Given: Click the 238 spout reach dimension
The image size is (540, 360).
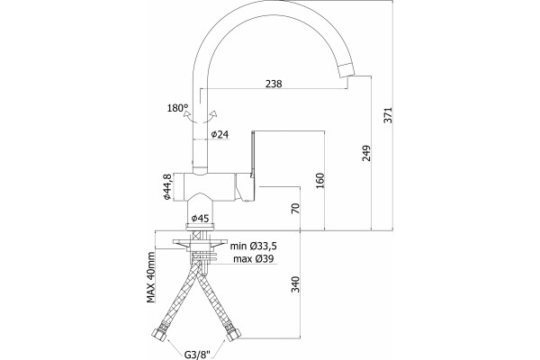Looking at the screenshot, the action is point(274,84).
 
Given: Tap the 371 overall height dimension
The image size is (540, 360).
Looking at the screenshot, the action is point(388,115).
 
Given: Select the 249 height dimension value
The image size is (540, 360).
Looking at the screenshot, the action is point(367,153).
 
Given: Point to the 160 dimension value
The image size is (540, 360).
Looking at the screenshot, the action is point(320,181).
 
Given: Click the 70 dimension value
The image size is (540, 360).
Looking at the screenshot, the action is point(296,209).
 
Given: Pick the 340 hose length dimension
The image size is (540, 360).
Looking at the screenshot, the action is point(295,283).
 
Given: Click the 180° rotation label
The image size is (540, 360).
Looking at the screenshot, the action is point(177,108).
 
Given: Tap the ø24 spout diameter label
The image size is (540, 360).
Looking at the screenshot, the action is point(220,134).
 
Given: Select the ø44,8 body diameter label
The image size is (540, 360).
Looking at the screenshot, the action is point(167,186).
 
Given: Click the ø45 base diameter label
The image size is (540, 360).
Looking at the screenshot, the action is point(201,218).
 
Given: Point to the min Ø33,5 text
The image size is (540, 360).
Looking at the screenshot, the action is point(254,246).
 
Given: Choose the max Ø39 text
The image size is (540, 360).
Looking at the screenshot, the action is point(254,258).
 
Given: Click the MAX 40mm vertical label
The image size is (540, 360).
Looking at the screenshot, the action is point(151,277).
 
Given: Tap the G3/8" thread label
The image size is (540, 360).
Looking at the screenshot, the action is point(197,354).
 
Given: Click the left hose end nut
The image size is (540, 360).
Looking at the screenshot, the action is point(159,334).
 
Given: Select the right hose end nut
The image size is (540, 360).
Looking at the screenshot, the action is point(234,334).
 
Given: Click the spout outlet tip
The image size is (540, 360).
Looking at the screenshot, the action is point(347,70).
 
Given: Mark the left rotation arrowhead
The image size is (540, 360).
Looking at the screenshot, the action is point(186,112).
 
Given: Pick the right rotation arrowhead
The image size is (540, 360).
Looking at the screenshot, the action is point(213,112).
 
